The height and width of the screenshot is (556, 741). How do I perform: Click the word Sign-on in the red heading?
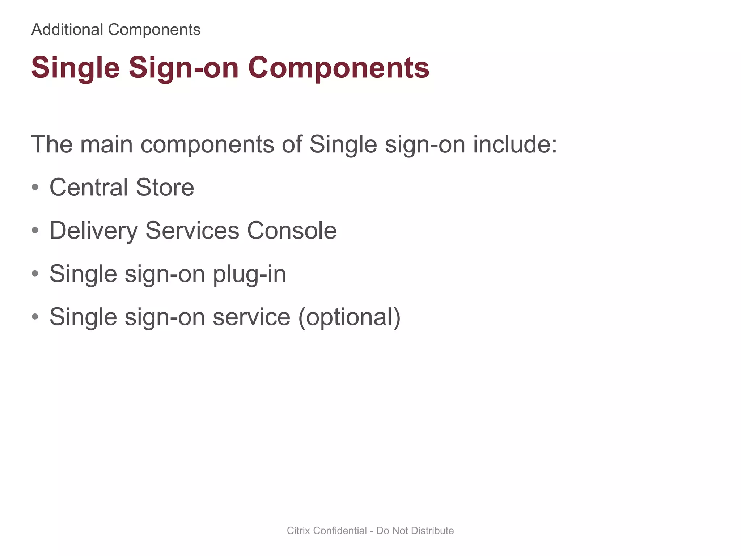tap(183, 68)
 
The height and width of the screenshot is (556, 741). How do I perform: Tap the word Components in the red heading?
tap(338, 68)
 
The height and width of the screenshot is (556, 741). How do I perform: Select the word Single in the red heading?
tap(75, 68)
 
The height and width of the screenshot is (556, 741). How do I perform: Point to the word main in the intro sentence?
tap(106, 144)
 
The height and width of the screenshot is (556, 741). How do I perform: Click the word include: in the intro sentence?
tap(515, 144)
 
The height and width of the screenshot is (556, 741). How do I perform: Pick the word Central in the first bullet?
tap(89, 188)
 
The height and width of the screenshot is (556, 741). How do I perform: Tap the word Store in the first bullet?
tap(165, 188)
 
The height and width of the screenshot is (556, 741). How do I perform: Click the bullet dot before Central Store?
tap(35, 188)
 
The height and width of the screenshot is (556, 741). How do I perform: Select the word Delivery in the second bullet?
tap(93, 231)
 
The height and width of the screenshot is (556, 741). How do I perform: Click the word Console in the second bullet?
tap(292, 231)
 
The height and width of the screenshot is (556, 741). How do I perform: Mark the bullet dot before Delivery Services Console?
tap(35, 231)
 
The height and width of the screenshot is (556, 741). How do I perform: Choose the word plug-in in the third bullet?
tap(249, 274)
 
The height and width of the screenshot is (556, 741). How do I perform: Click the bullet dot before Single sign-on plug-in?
tap(35, 274)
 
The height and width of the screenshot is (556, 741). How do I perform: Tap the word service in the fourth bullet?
tap(251, 317)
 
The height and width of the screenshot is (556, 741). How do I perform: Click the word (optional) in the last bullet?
tap(349, 317)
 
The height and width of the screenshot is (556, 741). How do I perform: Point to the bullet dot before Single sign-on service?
tap(35, 317)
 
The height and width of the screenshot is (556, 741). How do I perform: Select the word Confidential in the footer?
tap(340, 531)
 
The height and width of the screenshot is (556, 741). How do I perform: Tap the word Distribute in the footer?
tap(432, 531)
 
